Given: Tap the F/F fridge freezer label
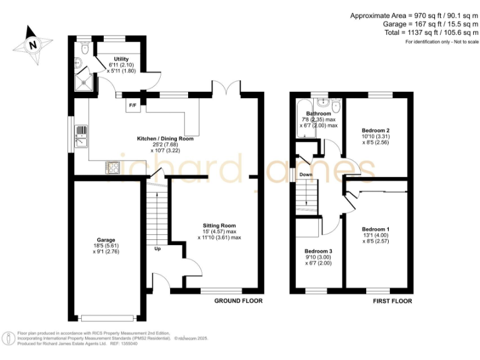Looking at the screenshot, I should coord(132,105).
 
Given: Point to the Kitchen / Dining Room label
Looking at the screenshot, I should coord(166,139).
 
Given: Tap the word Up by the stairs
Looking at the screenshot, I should coord(157,249).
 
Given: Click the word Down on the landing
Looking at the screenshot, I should coord(306,174).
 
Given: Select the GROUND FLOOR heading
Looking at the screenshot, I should coord(239,301).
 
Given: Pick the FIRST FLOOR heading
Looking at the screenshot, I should coord(392,301).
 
